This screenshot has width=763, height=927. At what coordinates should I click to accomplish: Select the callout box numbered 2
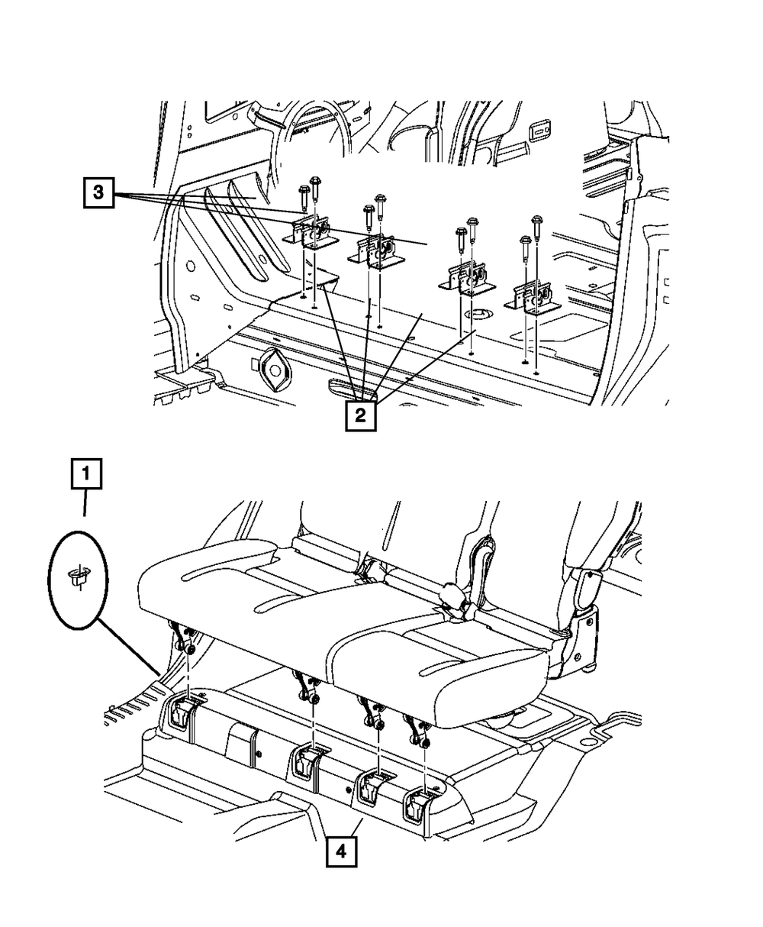point(360,417)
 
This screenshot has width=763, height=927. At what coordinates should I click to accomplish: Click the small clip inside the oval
point(76,577)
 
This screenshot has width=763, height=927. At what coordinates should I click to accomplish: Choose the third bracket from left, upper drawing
point(466,278)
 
